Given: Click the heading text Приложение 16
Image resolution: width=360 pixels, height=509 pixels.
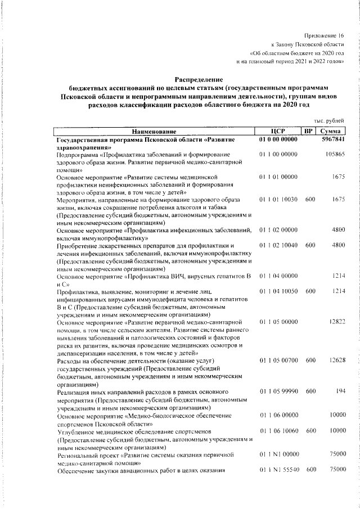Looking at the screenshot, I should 323,35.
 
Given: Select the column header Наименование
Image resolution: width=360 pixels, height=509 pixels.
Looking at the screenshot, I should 155,131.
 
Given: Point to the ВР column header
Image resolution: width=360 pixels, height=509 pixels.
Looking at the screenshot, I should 308,131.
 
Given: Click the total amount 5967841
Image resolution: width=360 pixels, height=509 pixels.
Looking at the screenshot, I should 333,139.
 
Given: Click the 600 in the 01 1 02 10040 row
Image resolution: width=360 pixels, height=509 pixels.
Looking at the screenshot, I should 310,245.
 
